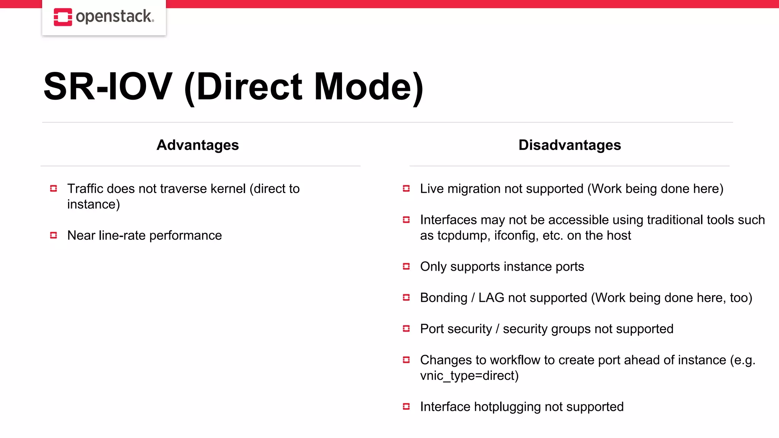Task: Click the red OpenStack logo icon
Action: coord(63,17)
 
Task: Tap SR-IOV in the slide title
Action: coord(108,87)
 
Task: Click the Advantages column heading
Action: coord(198,145)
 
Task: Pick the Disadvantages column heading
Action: coord(569,145)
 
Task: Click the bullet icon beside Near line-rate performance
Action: coord(54,235)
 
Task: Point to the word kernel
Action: coord(228,189)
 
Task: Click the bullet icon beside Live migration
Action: coord(406,189)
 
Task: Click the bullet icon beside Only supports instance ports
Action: coord(406,267)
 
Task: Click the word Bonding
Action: coord(444,298)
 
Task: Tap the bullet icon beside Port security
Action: coord(406,329)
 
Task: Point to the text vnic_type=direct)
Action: coord(469,376)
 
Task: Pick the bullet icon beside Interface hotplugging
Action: coord(406,407)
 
